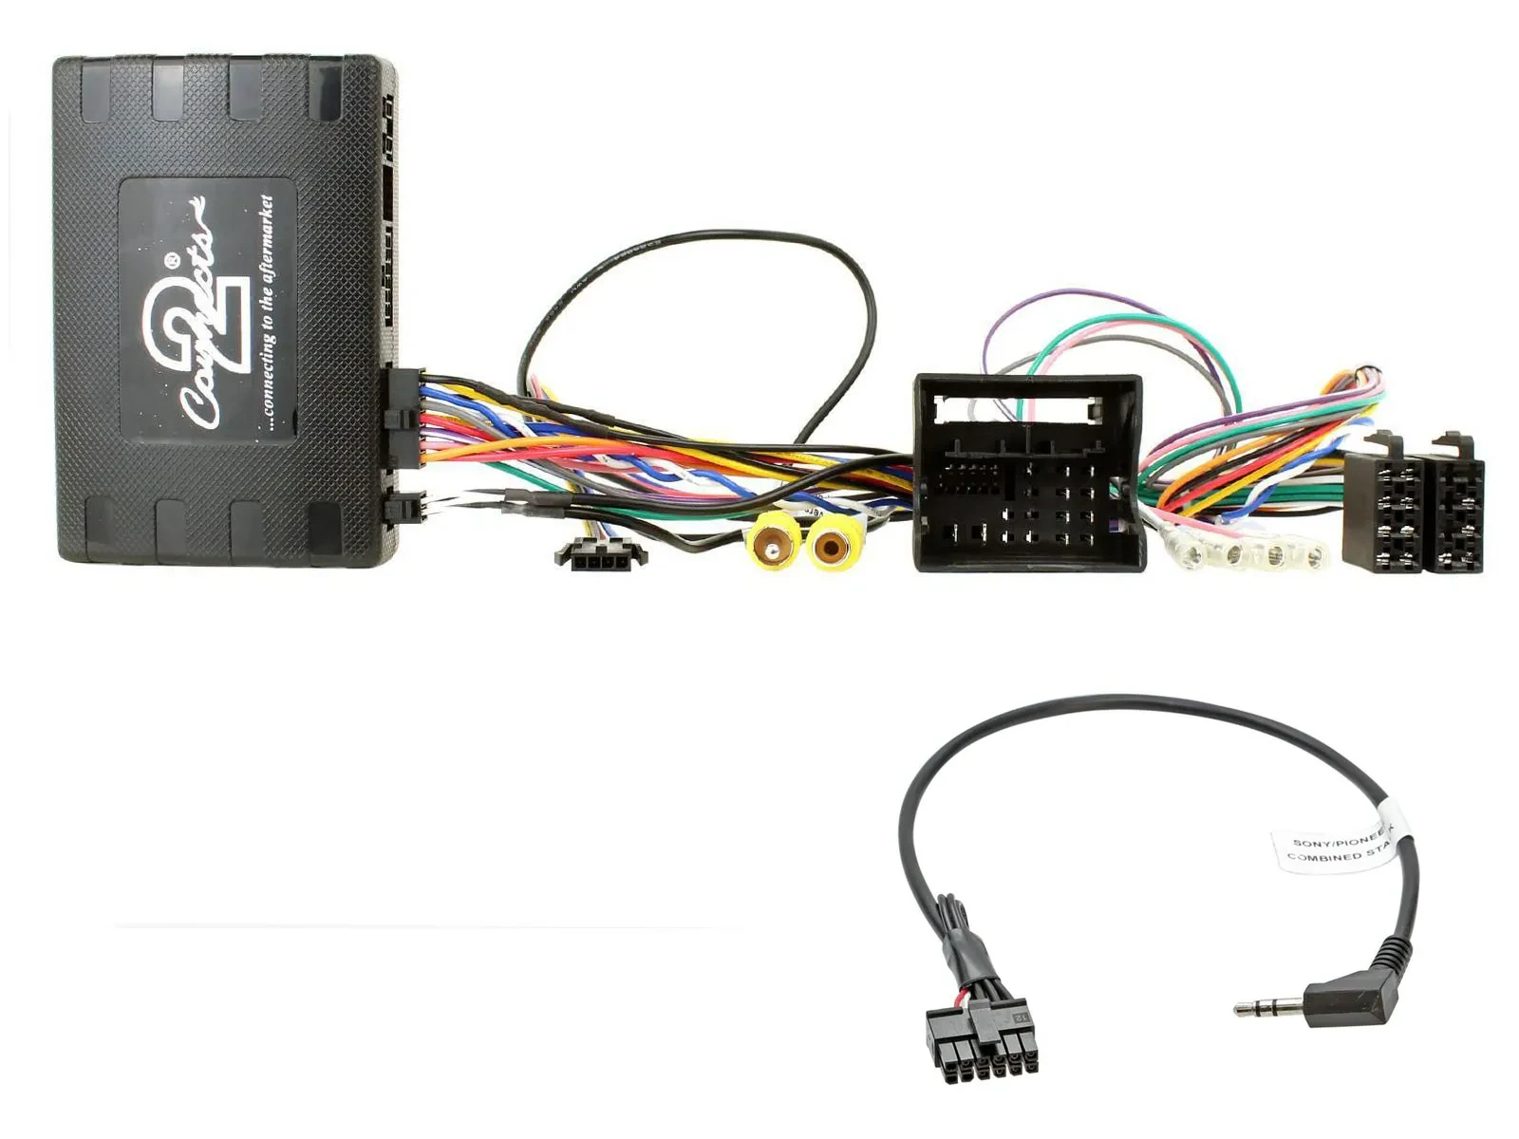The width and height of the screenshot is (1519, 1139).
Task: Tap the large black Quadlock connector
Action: [x=1027, y=475]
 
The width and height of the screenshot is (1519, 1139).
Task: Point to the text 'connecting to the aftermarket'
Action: [x=267, y=313]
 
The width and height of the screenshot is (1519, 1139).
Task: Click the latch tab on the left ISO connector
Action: [x=1387, y=444]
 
